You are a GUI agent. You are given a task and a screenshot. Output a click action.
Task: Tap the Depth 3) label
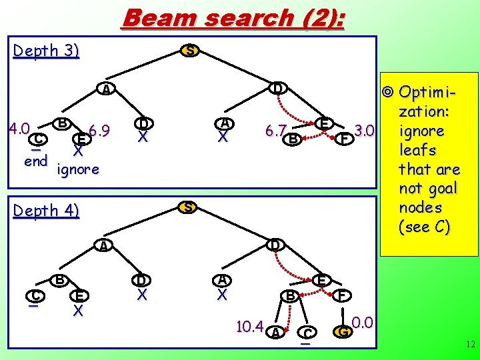46,51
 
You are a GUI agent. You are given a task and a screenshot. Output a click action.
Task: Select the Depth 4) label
46,211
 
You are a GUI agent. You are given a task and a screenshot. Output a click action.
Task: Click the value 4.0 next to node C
18,127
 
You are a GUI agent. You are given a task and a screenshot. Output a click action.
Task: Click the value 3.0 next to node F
366,129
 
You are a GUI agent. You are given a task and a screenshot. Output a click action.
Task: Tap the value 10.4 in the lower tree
250,326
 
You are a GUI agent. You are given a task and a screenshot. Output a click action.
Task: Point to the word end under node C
35,161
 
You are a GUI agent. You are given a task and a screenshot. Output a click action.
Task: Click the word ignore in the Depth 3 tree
79,169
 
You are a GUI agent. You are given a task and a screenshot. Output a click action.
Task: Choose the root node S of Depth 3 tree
190,51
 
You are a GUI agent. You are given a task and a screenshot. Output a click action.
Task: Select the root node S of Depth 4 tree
189,207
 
